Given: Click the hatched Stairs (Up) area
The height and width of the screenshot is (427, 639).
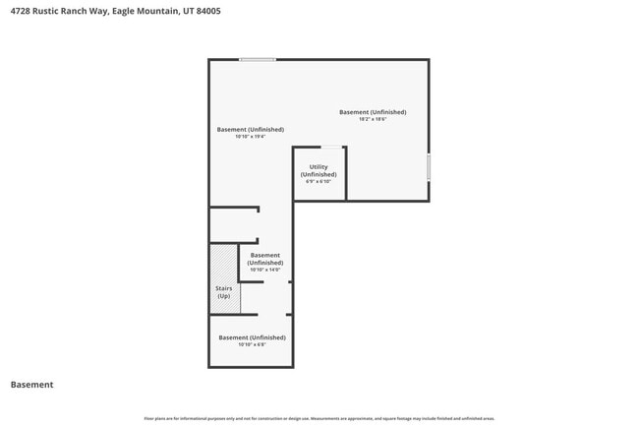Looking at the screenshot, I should (x=224, y=279).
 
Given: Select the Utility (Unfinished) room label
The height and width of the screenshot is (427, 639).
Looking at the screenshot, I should (x=319, y=170).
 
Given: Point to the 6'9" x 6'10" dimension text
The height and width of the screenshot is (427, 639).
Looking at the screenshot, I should (x=319, y=181).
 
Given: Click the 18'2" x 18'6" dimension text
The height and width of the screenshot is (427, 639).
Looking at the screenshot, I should (x=373, y=119).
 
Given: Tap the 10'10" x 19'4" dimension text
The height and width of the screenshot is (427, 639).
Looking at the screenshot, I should (x=251, y=137).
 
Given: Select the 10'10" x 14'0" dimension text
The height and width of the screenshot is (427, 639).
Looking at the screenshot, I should (x=265, y=270).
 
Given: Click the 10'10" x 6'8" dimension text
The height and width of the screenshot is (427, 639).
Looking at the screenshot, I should (x=251, y=344).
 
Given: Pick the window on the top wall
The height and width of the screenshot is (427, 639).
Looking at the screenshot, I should (x=258, y=60).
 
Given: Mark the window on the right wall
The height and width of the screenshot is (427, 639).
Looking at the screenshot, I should (x=429, y=167).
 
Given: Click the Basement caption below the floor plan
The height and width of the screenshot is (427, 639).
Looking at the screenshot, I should (x=31, y=385).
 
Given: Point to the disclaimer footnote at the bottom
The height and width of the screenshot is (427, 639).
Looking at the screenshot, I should (x=319, y=418).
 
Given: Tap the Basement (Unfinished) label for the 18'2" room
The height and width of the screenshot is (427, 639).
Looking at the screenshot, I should (x=373, y=112).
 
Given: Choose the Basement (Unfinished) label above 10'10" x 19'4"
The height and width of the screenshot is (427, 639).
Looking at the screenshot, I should (x=251, y=130).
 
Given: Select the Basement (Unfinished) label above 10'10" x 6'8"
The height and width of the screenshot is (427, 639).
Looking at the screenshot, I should (x=251, y=337).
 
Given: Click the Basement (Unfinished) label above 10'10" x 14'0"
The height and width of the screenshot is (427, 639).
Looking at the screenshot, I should (x=265, y=259).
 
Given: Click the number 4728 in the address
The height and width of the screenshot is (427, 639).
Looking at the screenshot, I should (x=20, y=11).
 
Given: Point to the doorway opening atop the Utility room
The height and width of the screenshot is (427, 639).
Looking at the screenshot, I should (x=332, y=148).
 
